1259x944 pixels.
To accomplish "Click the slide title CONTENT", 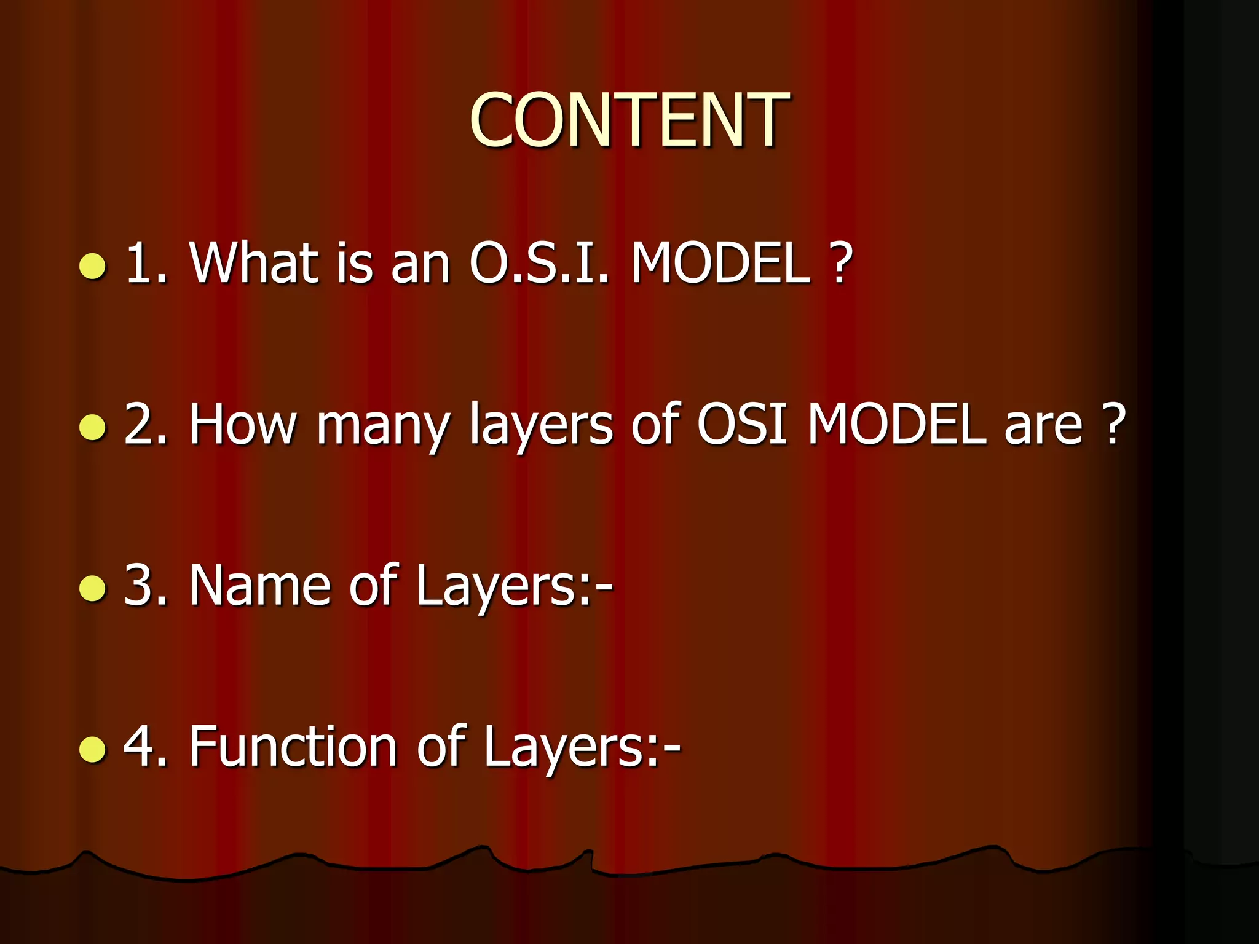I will click(629, 120).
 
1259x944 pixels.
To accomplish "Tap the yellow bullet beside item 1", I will click(93, 267).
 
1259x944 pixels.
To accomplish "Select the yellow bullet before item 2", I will click(93, 428).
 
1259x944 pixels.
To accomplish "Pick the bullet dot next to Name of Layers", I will click(93, 588).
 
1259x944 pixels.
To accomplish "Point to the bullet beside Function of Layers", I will click(93, 749).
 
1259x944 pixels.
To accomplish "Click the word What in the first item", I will click(254, 262).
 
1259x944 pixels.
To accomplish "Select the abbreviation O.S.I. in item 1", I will click(539, 262).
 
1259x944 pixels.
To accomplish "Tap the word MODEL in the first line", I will click(720, 262).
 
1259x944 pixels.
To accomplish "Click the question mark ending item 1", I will click(840, 262).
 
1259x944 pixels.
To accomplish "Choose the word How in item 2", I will click(243, 423).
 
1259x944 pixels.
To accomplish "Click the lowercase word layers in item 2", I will click(541, 427).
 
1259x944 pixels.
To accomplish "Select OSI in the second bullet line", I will click(742, 423).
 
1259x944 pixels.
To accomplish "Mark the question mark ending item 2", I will click(1113, 423).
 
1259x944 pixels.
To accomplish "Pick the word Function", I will click(293, 746).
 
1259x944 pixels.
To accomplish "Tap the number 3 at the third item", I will click(140, 585).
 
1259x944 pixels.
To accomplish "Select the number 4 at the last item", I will click(140, 746).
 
